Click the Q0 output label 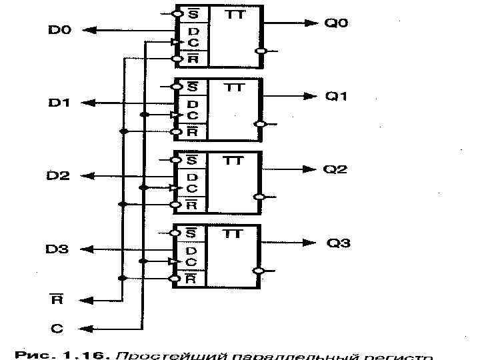point(336,23)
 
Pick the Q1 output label point(336,96)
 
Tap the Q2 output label point(336,169)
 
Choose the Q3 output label point(338,243)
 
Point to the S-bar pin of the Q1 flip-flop point(191,87)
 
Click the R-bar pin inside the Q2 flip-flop point(191,205)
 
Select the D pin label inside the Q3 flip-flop point(191,251)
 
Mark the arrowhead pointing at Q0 point(310,23)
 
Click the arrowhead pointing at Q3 point(310,243)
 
